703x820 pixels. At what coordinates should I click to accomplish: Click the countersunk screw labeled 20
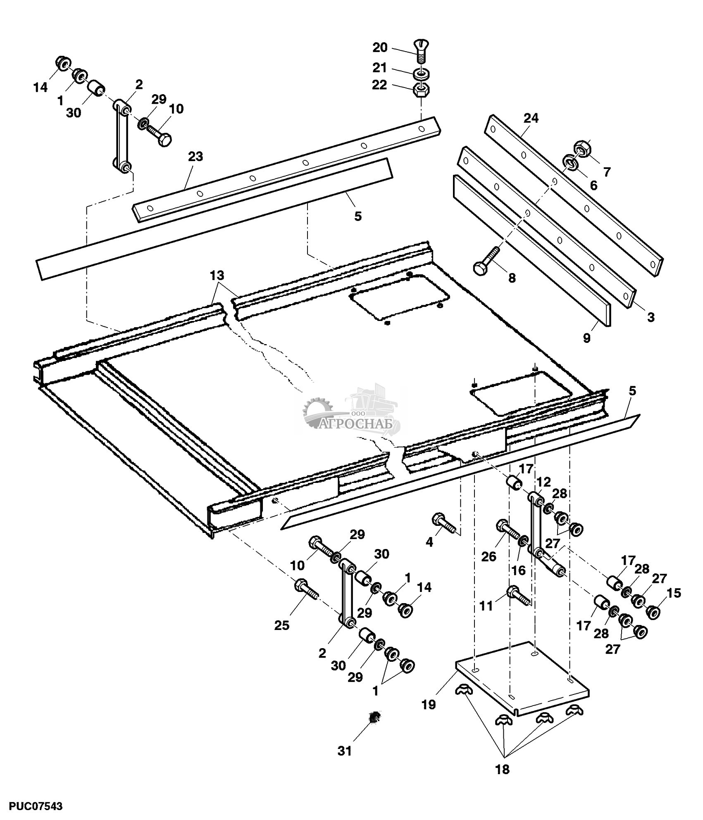pos(421,50)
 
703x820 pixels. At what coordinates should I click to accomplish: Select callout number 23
pos(195,157)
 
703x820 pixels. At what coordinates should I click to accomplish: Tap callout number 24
pos(531,118)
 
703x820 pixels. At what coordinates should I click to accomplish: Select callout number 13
pos(217,275)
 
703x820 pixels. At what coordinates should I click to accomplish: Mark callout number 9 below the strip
pos(587,338)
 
